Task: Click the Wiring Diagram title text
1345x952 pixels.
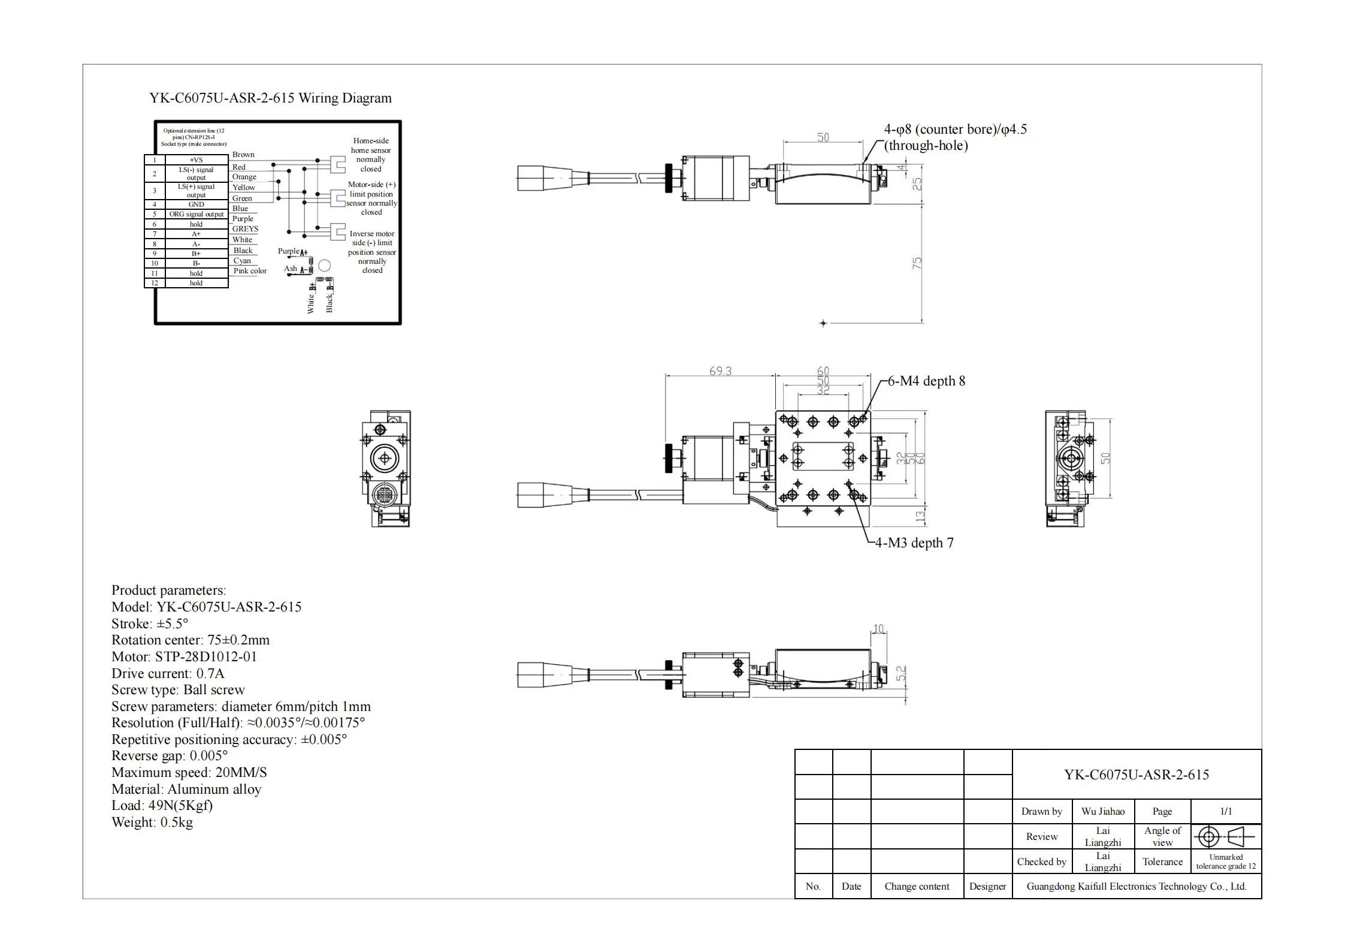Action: [270, 98]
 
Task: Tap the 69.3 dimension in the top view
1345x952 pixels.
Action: [720, 371]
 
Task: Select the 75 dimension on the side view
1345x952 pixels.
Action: [917, 263]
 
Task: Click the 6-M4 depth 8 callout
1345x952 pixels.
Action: [926, 381]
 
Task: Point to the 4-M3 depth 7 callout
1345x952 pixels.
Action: [914, 543]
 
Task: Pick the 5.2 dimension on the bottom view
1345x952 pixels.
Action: [901, 674]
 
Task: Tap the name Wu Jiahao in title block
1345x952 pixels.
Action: [1103, 812]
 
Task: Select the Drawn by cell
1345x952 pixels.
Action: [1041, 812]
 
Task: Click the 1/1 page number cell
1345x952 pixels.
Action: [1226, 812]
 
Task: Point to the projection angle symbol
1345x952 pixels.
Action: [1226, 836]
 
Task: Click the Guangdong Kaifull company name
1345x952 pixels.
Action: [1137, 887]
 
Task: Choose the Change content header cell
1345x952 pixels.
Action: [917, 887]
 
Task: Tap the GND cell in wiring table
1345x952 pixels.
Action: [196, 204]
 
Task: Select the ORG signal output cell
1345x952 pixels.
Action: [196, 214]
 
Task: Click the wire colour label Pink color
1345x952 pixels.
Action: [250, 271]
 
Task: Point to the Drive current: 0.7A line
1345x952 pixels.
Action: [168, 673]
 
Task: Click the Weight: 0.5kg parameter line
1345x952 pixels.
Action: [152, 823]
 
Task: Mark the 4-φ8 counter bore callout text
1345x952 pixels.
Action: [955, 137]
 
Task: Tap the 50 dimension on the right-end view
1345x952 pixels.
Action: [1106, 457]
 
